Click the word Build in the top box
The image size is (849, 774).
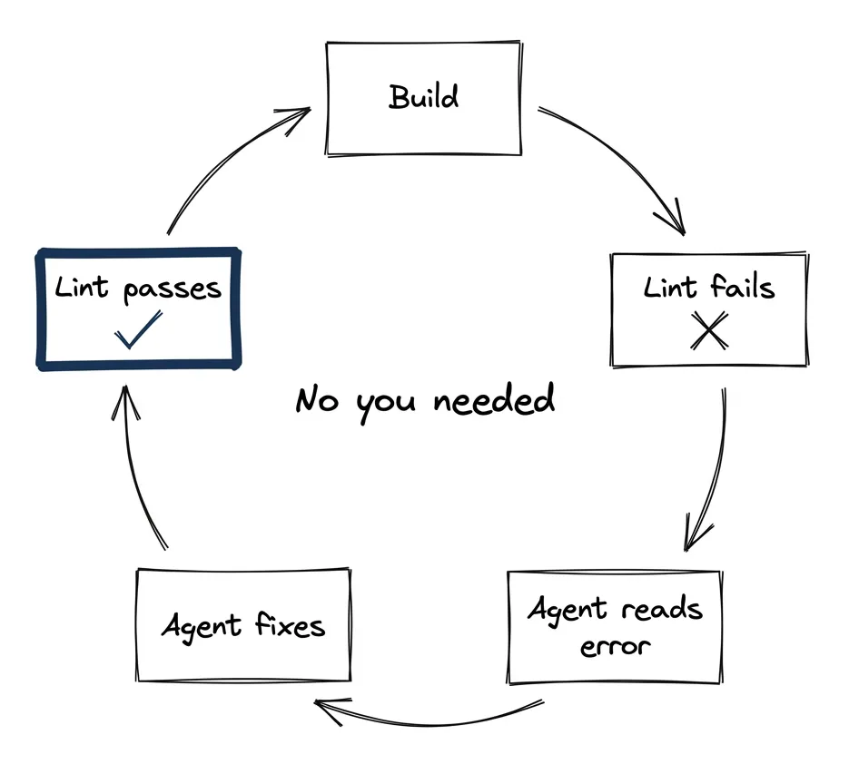[423, 96]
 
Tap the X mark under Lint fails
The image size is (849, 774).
[708, 332]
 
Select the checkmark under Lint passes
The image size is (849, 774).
[138, 330]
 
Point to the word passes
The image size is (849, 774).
[172, 289]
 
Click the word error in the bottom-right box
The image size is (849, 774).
[616, 646]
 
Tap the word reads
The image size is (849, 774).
[662, 610]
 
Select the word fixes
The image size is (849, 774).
[290, 625]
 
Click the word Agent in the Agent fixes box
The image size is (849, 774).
[201, 627]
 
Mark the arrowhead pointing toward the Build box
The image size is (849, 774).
[300, 114]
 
